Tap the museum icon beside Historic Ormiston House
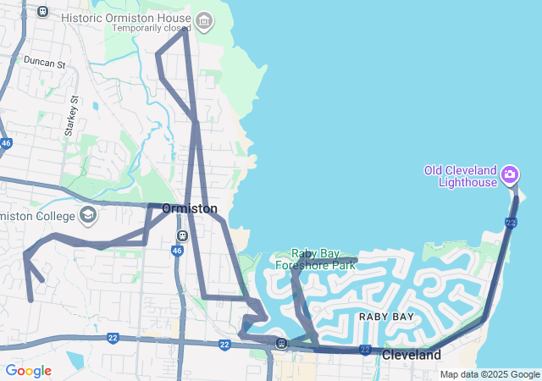[x=203, y=19]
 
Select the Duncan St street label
[x=44, y=63]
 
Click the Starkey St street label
[x=71, y=116]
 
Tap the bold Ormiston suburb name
[x=190, y=208]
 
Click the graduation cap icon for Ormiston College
[x=88, y=214]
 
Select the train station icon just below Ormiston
[x=182, y=235]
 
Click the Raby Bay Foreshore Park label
[x=315, y=258]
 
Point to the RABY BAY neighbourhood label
[x=386, y=316]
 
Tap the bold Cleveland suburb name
[x=412, y=355]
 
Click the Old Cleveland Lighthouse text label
[x=461, y=175]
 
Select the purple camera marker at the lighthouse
[x=510, y=175]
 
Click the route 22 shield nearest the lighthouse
[x=510, y=222]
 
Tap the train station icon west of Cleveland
[x=280, y=343]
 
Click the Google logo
[x=28, y=371]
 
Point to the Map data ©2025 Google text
[x=489, y=374]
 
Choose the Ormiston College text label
[x=37, y=216]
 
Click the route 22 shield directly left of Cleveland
[x=365, y=349]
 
